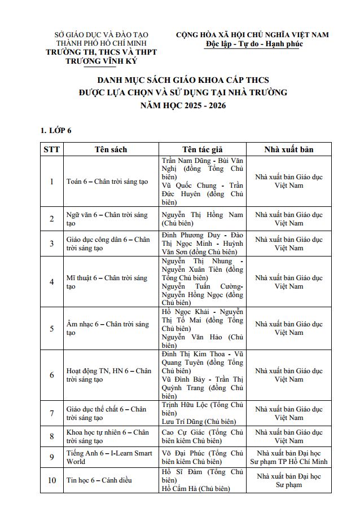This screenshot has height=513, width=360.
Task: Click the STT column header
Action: click(x=52, y=149)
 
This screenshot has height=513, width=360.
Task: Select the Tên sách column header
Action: click(x=111, y=149)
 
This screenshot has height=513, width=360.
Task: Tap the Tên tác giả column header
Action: click(x=202, y=149)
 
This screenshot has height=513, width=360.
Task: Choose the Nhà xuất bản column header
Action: click(x=288, y=149)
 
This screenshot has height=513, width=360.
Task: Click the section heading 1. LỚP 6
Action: click(x=56, y=131)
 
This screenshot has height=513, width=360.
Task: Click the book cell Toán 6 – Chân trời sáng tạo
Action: click(x=107, y=182)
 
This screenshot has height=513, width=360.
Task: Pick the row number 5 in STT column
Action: click(x=52, y=329)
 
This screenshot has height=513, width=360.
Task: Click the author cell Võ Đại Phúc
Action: click(x=202, y=457)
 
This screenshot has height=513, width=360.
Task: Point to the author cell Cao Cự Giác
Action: click(x=202, y=436)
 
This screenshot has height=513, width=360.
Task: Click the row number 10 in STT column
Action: click(x=52, y=480)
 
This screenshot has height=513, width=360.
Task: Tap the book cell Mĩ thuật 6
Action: click(x=107, y=282)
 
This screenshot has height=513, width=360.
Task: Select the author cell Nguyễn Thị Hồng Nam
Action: click(x=202, y=219)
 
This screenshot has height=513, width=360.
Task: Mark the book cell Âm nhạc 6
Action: click(x=107, y=329)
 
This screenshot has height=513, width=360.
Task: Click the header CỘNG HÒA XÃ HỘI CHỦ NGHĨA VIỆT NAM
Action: click(x=252, y=35)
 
